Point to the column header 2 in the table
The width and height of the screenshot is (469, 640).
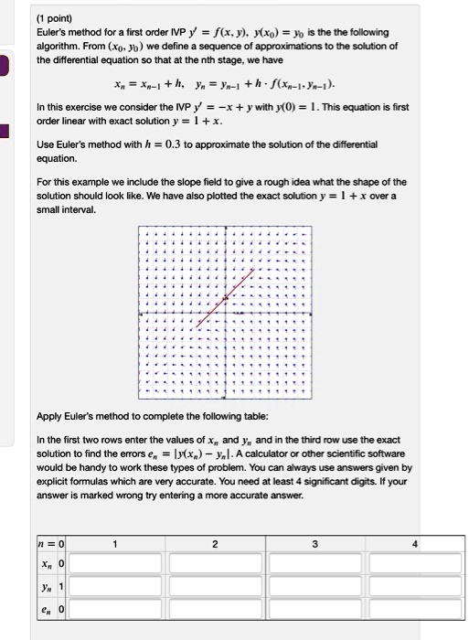[213, 545]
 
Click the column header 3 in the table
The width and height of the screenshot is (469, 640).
[314, 545]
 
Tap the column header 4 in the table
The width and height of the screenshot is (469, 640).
[413, 545]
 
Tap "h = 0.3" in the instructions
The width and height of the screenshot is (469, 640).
[151, 144]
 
